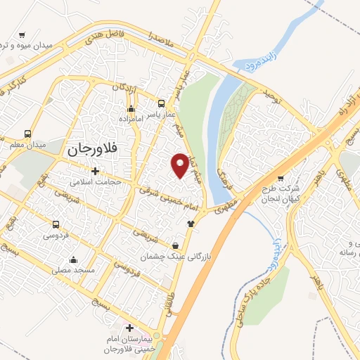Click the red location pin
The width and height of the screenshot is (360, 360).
pyautogui.click(x=181, y=164)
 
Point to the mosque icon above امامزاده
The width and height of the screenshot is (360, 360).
pyautogui.click(x=131, y=108)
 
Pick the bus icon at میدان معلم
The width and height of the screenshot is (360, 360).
pyautogui.click(x=27, y=134)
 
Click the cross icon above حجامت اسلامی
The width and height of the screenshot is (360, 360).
pyautogui.click(x=95, y=171)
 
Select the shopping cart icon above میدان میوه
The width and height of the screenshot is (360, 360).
pyautogui.click(x=22, y=34)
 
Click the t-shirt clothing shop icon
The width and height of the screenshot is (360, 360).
pyautogui.click(x=189, y=224)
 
